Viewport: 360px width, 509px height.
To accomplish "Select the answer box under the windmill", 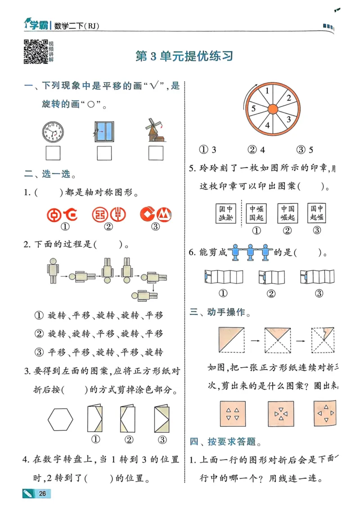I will click(x=155, y=154).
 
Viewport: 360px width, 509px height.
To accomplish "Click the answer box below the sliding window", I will click(x=104, y=154).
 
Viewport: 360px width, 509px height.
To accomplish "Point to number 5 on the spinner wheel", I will click(x=253, y=108).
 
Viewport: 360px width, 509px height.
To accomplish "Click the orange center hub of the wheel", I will click(x=273, y=109).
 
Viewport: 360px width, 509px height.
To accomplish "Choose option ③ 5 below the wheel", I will click(x=305, y=150).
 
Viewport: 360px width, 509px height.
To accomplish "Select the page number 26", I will click(x=42, y=494).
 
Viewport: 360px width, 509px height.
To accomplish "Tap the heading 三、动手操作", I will click(x=220, y=312).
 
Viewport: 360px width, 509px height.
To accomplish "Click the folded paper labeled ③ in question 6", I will click(x=318, y=277).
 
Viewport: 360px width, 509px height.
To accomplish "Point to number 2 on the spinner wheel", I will click(x=288, y=98).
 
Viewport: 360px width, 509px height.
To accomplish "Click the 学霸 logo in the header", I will click(x=37, y=26).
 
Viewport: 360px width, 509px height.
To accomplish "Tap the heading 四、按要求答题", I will click(x=225, y=442).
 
